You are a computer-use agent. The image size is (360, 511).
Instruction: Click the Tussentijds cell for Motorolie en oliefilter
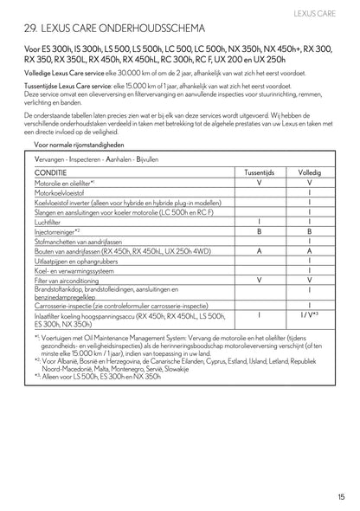coord(259,184)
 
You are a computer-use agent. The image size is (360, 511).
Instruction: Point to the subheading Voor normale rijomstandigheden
coord(80,146)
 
